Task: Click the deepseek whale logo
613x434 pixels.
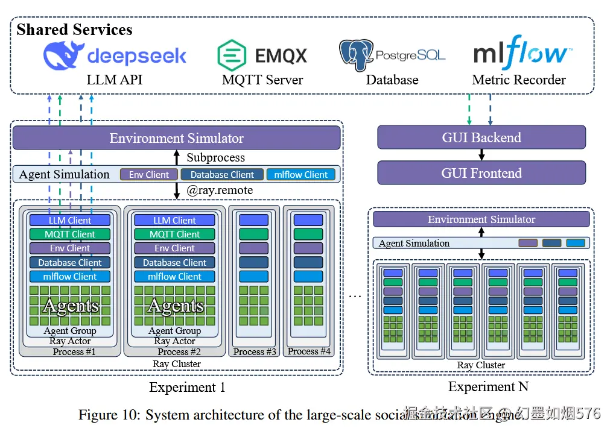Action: tap(63, 55)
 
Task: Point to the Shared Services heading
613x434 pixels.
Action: tap(74, 30)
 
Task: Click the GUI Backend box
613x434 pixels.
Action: tap(481, 137)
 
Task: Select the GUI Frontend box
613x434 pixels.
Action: tap(481, 173)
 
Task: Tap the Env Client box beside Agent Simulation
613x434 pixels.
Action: tap(149, 175)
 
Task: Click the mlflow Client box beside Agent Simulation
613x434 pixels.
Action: tap(300, 175)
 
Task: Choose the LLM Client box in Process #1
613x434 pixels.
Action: tap(70, 221)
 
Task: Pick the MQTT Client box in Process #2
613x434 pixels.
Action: tap(174, 234)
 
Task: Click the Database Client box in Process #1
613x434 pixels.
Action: tap(70, 263)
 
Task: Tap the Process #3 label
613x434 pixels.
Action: tap(255, 352)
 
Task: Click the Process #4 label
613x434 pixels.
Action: tap(309, 351)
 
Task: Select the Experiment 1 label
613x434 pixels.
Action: tap(187, 388)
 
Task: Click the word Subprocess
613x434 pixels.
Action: tap(215, 158)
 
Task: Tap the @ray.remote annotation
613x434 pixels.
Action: tap(220, 190)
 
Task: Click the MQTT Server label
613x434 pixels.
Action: tap(262, 80)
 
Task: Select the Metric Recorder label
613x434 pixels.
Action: tap(519, 80)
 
